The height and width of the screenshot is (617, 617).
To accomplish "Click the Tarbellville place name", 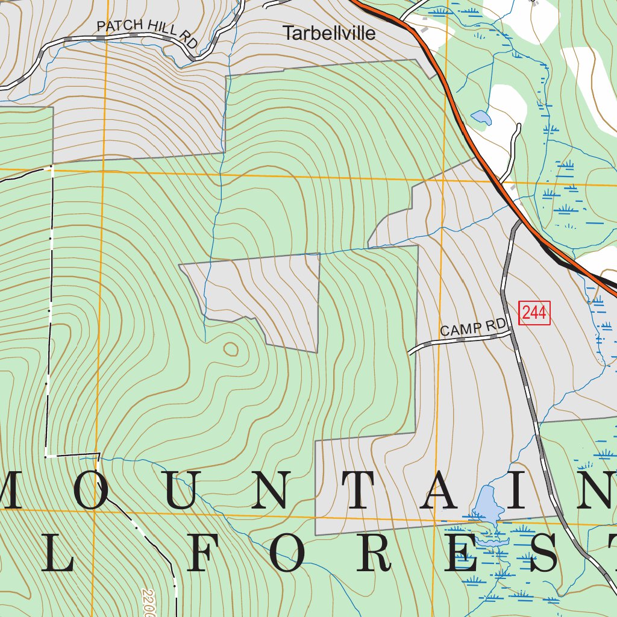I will [329, 33].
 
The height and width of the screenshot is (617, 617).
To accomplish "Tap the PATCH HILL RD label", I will [147, 33].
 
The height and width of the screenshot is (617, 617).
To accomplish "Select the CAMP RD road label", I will [473, 328].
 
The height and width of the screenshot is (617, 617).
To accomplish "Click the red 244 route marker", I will [534, 313].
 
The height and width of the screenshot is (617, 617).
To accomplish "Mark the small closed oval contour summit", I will [231, 348].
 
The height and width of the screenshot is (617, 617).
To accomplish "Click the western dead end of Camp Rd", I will [409, 352].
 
